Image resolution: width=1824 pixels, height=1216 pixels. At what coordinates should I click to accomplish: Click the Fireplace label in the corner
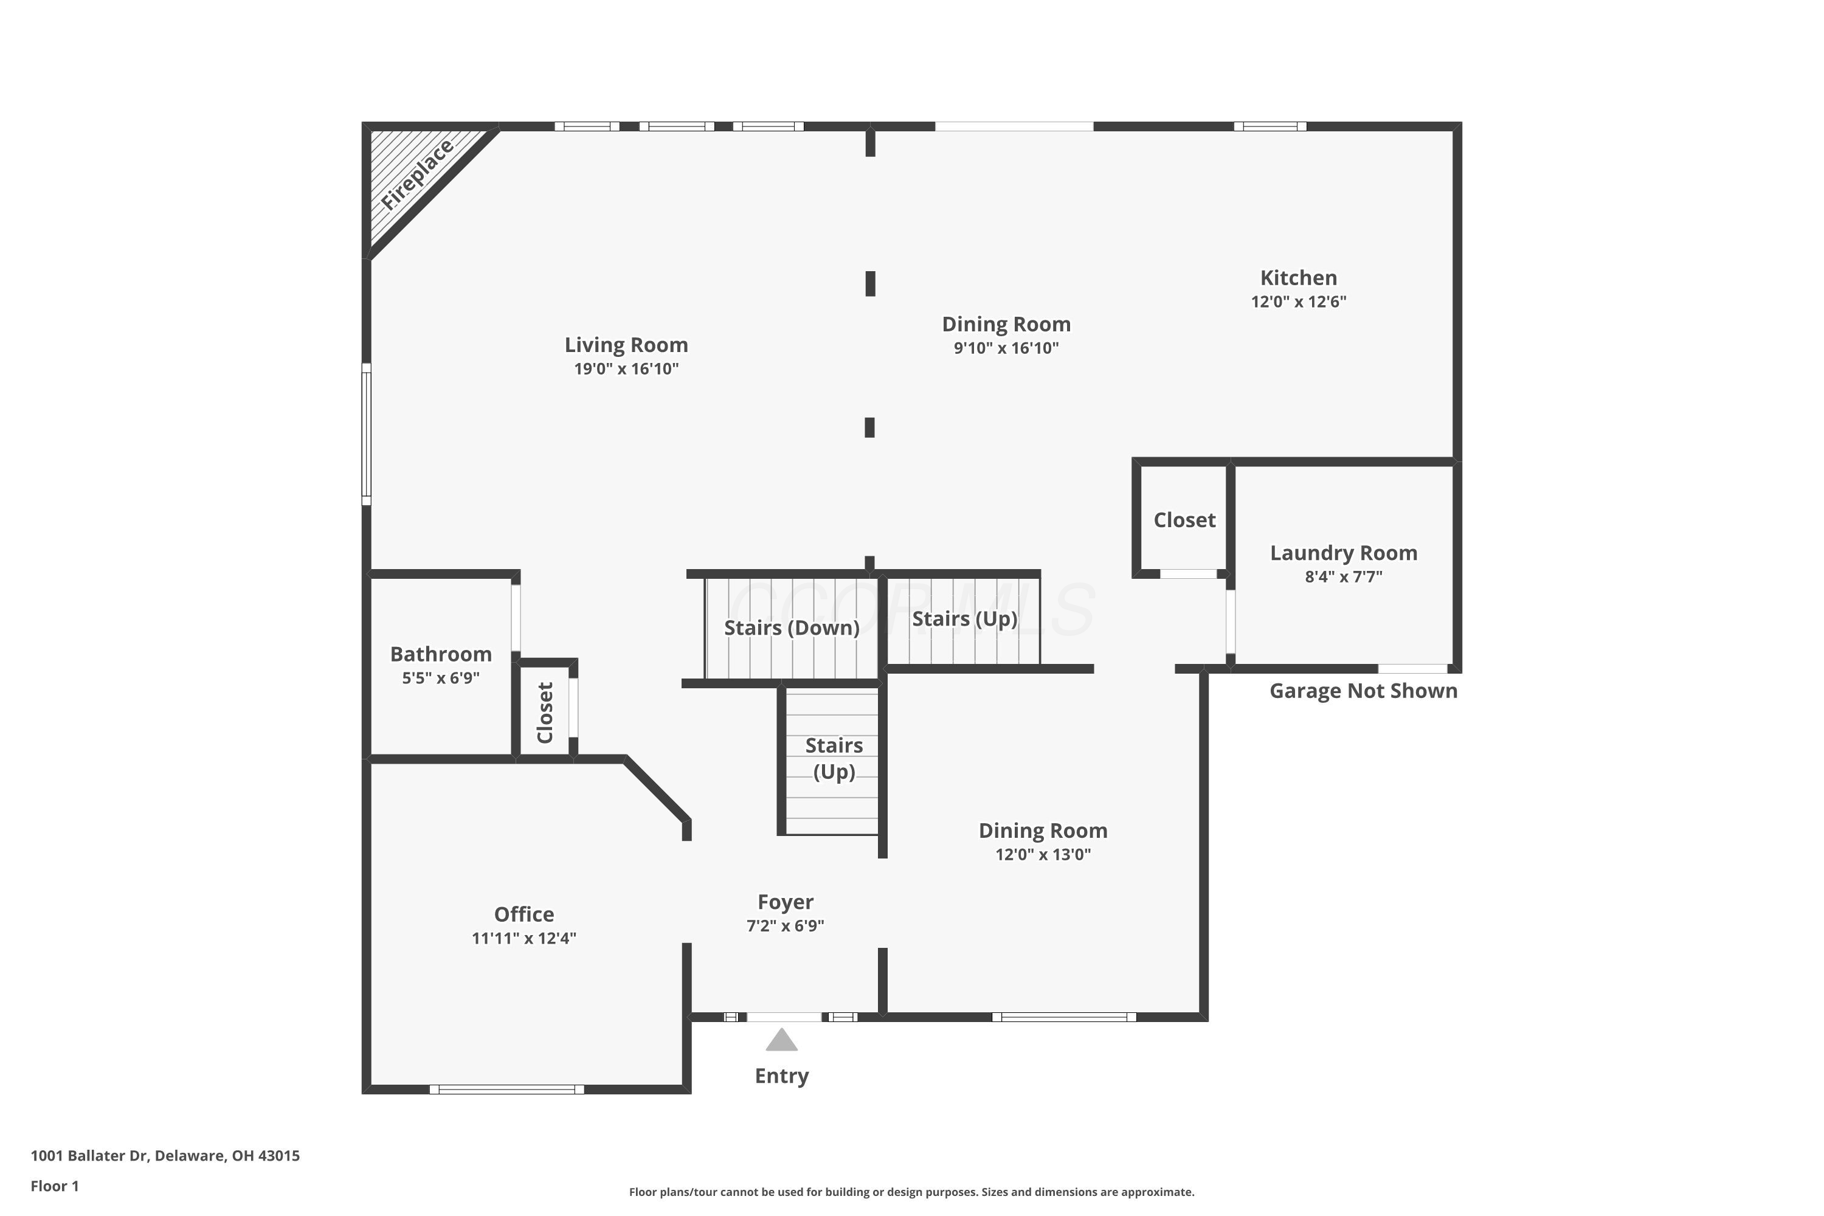coord(417,174)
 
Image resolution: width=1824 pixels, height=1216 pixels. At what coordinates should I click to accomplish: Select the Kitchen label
coord(1298,278)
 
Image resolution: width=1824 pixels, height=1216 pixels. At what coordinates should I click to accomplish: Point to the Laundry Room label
coord(1343,553)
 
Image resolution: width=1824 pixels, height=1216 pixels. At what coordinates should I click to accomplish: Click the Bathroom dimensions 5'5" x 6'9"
coord(440,678)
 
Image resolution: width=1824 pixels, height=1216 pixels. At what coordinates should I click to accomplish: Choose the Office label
coord(524,914)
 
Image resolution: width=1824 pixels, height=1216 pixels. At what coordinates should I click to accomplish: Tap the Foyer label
coord(785,902)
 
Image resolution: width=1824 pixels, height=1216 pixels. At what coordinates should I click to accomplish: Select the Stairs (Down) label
coord(792,627)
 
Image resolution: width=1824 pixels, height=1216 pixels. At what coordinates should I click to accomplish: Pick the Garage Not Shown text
coord(1363,691)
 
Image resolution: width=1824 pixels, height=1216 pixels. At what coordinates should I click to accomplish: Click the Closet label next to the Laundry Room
coord(1184,520)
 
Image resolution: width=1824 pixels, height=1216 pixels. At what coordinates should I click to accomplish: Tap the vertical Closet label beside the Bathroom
coord(545,713)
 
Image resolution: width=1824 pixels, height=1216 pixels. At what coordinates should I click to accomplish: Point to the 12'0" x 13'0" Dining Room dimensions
coord(1043,855)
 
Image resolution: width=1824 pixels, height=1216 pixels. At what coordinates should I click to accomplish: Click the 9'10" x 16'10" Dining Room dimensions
coord(1006,348)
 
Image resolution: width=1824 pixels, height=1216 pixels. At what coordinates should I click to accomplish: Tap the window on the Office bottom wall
coord(507,1090)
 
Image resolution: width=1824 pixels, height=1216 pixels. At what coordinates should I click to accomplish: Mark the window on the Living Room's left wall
coord(367,434)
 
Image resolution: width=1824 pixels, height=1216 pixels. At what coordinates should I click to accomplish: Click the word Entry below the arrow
coord(782,1076)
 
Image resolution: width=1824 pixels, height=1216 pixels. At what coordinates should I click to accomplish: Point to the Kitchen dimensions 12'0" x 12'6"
coord(1298,302)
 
